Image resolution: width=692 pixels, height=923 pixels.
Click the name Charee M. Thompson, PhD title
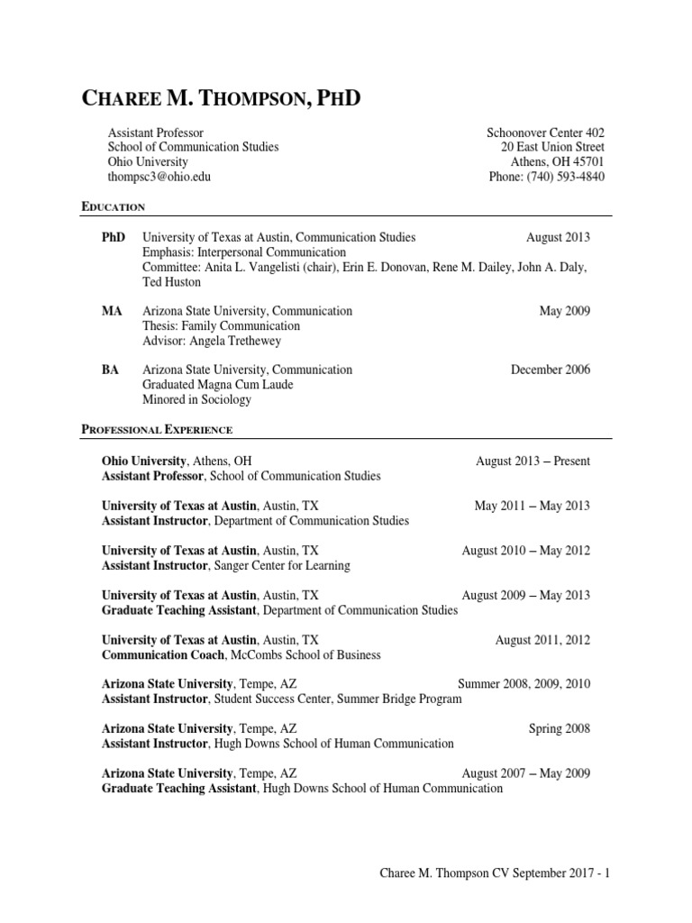[x=221, y=98]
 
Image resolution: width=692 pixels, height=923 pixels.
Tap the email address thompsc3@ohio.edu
[x=159, y=177]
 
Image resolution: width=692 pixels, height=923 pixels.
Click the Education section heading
[x=113, y=206]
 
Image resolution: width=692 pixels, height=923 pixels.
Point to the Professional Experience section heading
[x=157, y=430]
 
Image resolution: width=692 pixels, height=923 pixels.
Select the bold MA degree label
[x=112, y=311]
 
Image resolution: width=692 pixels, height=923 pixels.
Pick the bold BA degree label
[x=111, y=370]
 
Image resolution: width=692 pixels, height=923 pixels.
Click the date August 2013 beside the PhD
[x=558, y=237]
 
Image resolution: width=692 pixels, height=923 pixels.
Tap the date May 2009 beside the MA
[x=564, y=311]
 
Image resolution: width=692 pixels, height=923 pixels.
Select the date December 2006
[x=551, y=370]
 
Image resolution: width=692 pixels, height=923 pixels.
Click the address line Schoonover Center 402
[x=545, y=133]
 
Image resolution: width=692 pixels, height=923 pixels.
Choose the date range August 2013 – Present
[x=533, y=461]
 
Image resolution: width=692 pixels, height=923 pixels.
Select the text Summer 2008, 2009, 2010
[x=524, y=684]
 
